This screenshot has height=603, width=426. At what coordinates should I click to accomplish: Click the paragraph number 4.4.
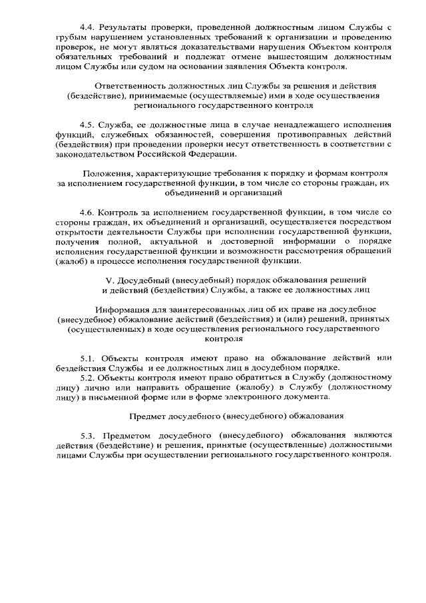[x=87, y=27]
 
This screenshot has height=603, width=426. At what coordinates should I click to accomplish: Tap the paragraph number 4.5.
[x=87, y=125]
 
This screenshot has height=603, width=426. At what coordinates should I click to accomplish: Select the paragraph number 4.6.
[x=87, y=212]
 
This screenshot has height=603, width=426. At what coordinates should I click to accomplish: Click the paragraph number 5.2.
[x=88, y=377]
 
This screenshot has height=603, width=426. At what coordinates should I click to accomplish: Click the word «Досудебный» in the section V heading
[x=144, y=280]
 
